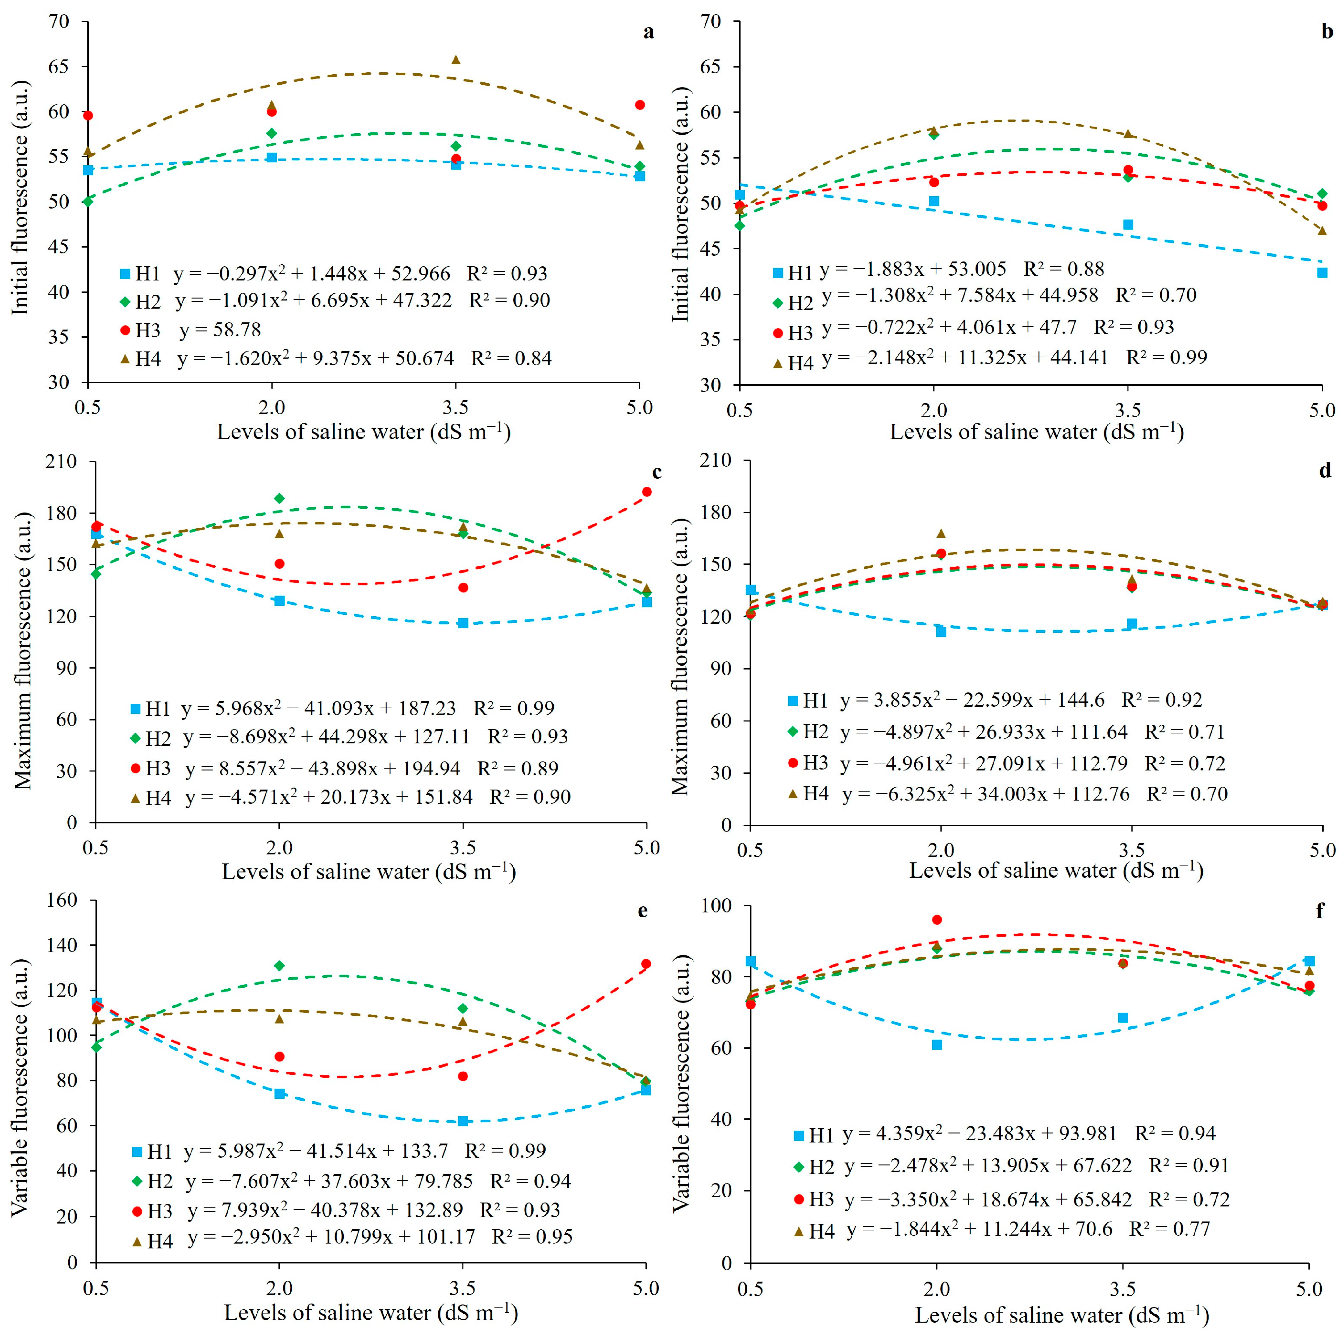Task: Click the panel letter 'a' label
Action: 648,33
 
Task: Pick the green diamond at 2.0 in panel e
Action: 279,966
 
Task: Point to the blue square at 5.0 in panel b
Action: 1322,273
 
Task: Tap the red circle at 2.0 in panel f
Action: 936,920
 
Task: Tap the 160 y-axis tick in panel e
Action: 62,901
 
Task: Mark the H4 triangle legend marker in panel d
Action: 792,794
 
